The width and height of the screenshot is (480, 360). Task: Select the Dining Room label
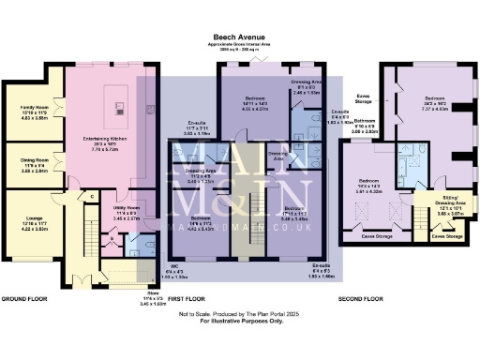(x=35, y=165)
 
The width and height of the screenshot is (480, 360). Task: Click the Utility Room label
(x=127, y=212)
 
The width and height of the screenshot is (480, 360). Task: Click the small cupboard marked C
(x=92, y=195)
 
